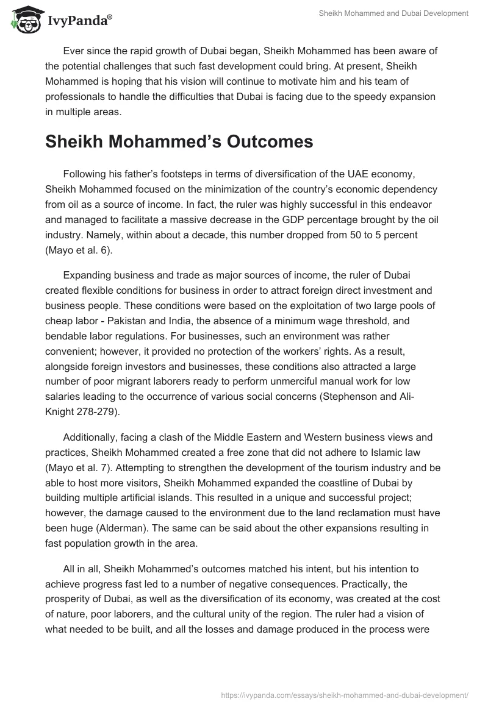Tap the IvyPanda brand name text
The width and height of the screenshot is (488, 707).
coord(79,21)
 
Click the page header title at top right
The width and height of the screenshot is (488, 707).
coord(393,13)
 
